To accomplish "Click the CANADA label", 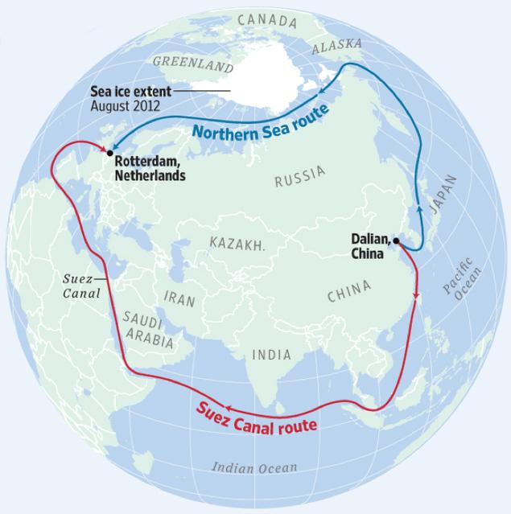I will (266, 20).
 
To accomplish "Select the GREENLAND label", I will (193, 64).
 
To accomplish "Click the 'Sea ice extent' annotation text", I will (130, 91).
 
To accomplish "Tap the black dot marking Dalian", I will (397, 240).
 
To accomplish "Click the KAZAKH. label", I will (237, 243).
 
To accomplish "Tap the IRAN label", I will (179, 298).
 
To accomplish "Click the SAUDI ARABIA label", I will (149, 330).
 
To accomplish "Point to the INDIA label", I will (272, 355).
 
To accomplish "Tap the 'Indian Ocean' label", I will (254, 467).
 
